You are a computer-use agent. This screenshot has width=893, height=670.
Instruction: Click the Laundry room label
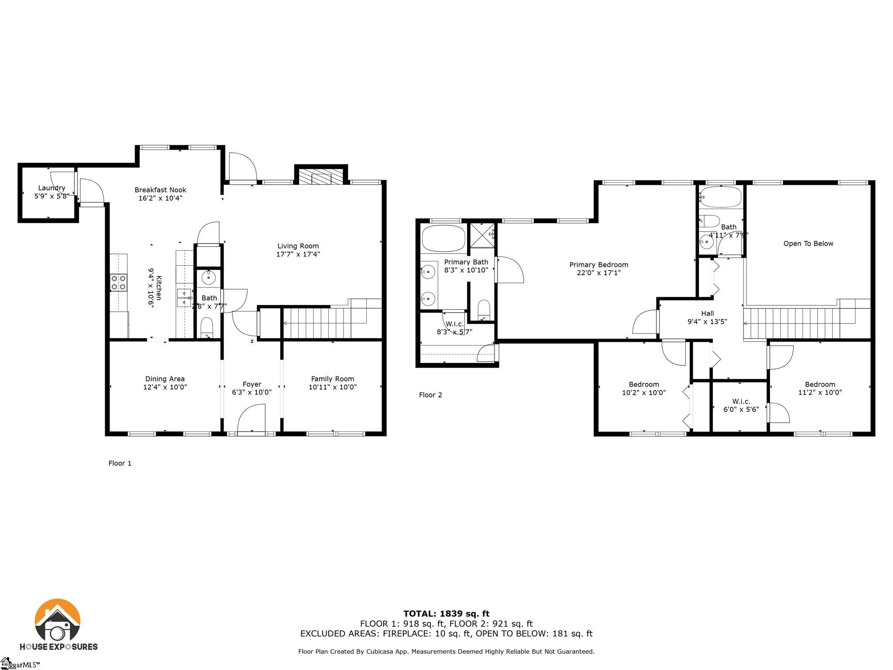tap(51, 188)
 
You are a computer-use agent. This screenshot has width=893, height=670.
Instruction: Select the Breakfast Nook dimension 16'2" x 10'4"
tap(160, 198)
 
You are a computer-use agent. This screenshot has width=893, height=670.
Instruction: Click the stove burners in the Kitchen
tap(119, 282)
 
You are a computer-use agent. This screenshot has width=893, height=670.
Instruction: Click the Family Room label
tap(332, 379)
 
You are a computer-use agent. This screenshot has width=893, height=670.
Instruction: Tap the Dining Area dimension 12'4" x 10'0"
tap(165, 387)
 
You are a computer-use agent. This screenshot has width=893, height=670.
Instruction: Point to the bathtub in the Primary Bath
tap(443, 238)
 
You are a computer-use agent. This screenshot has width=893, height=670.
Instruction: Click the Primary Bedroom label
tap(599, 265)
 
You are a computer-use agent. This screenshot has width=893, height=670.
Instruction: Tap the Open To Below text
tap(808, 243)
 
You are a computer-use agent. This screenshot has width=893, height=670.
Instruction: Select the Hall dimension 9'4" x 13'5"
tap(707, 322)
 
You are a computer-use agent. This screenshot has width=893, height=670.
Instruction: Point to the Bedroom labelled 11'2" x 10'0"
tap(820, 384)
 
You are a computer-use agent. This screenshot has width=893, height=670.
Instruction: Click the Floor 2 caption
tap(430, 395)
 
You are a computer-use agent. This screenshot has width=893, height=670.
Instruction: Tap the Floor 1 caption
tap(120, 463)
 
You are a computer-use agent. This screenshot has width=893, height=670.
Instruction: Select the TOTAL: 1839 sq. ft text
tap(446, 614)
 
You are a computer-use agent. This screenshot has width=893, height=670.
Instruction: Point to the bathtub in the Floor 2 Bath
tap(720, 197)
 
